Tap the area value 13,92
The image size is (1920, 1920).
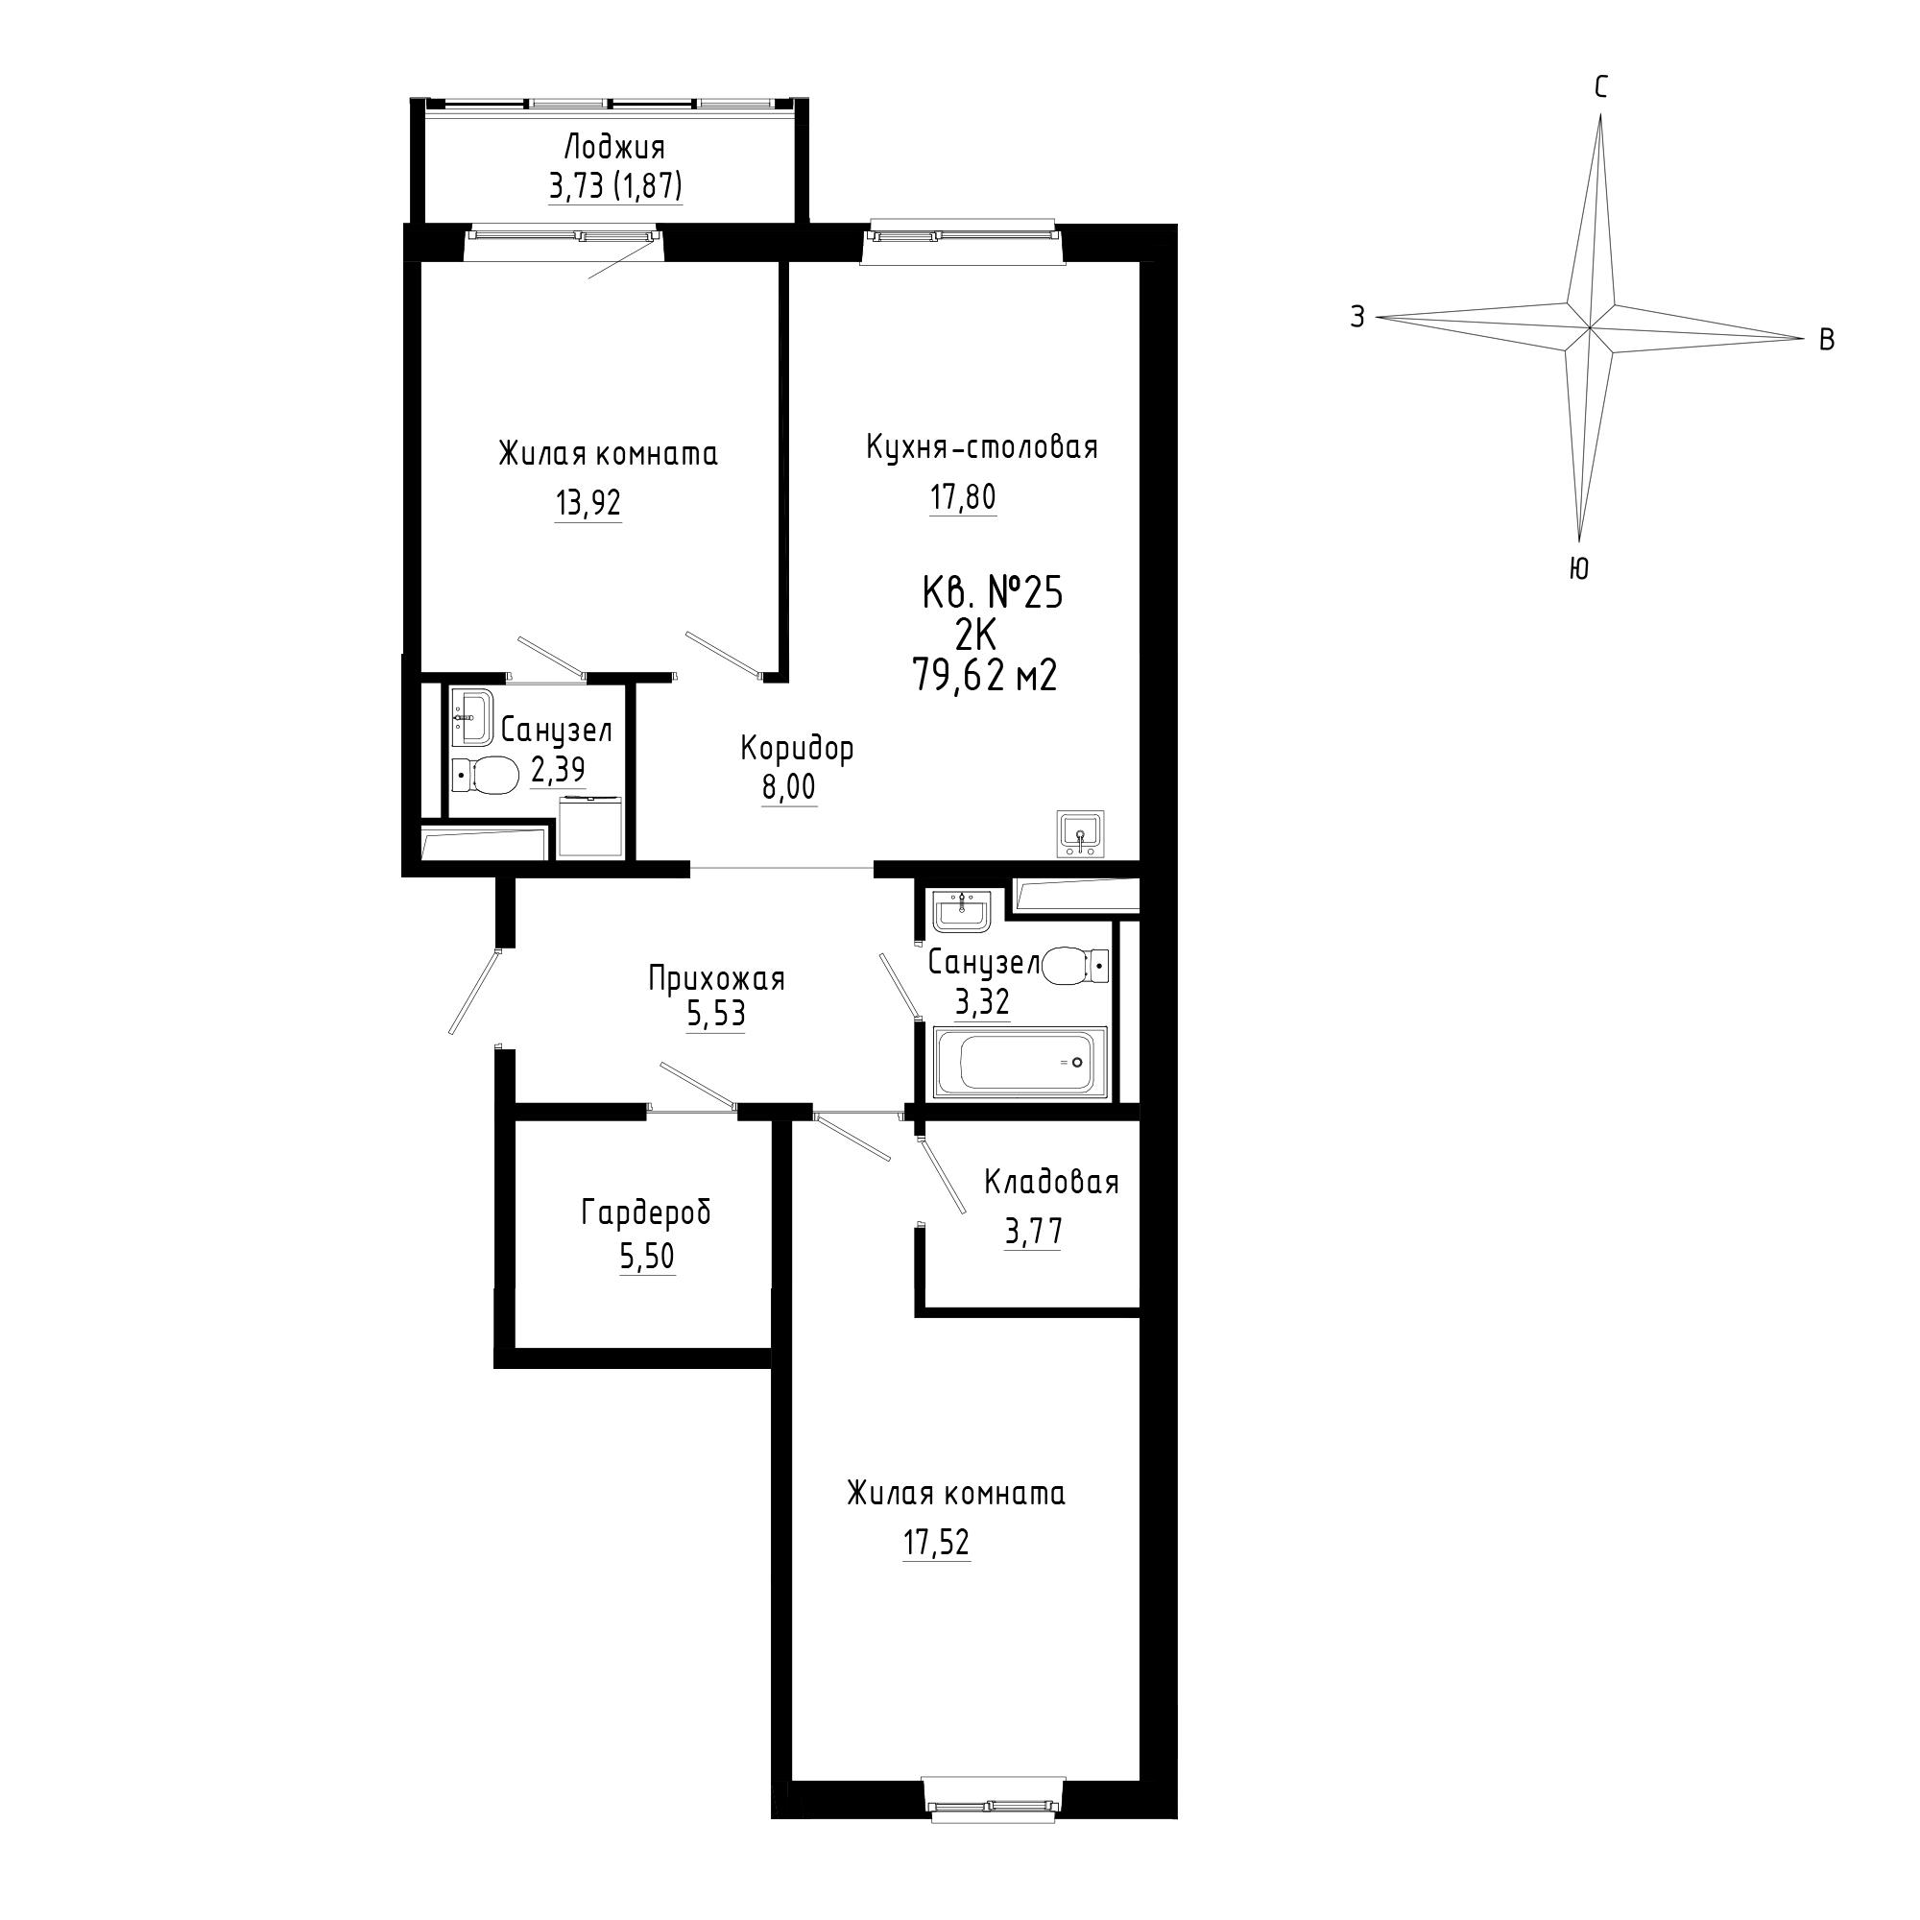click(x=588, y=503)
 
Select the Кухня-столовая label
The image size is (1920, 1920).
click(x=982, y=447)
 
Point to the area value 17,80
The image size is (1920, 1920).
click(x=963, y=496)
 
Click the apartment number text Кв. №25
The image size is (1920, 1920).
click(x=993, y=593)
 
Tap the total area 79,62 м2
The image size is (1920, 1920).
click(x=984, y=676)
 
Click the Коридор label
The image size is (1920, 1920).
click(x=797, y=749)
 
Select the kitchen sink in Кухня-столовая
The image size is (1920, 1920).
click(x=1079, y=832)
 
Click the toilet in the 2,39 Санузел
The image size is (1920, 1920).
click(x=485, y=774)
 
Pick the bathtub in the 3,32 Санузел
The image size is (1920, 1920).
click(x=1020, y=1064)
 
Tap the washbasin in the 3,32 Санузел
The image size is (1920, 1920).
click(x=961, y=911)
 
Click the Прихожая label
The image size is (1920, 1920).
click(x=716, y=979)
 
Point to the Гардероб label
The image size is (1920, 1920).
click(x=647, y=1212)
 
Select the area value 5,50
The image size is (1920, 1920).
click(x=647, y=1256)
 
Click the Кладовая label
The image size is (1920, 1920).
click(x=1051, y=1182)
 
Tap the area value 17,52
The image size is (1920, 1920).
click(x=936, y=1543)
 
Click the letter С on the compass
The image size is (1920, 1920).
click(x=1601, y=88)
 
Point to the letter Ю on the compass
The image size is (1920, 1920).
click(x=1579, y=568)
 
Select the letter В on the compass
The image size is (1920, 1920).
click(x=1826, y=340)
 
